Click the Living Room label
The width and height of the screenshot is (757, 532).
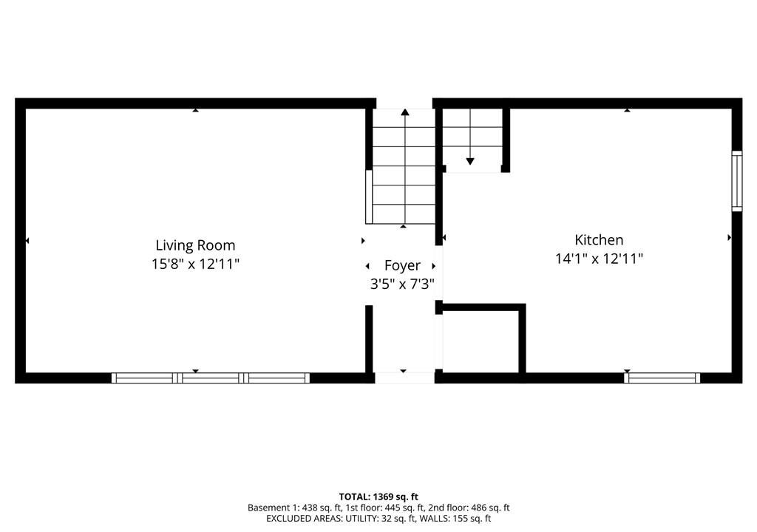coord(195,245)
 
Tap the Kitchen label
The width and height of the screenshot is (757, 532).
coord(599,240)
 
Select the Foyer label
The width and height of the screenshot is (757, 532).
coord(402,265)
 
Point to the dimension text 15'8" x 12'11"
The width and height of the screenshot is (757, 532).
coord(195,264)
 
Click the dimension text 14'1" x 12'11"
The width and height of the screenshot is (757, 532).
coord(599,259)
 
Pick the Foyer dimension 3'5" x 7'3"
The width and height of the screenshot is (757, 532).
coord(402,284)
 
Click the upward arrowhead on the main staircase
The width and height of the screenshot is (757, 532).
coord(405,112)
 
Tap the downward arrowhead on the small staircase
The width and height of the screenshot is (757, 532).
coord(470,162)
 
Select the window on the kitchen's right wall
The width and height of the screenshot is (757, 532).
coord(737,181)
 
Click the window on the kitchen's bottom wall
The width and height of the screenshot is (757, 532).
coord(662,378)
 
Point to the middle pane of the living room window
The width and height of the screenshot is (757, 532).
coord(211,378)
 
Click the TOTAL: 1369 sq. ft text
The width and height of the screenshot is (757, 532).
coord(378,497)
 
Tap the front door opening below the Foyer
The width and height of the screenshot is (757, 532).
coord(404,378)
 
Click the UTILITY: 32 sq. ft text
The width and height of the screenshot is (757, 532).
coord(381,519)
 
